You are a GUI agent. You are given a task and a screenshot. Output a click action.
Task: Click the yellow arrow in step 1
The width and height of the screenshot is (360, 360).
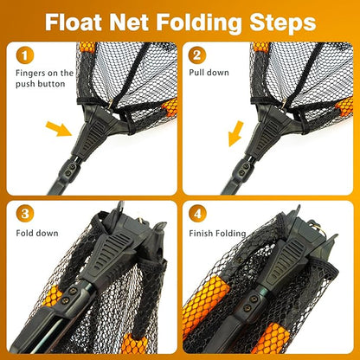(x=58, y=131)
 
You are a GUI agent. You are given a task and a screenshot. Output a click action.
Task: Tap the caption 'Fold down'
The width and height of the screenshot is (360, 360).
(x=36, y=234)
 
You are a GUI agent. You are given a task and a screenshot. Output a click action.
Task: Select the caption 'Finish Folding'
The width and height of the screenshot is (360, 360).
(x=220, y=234)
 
